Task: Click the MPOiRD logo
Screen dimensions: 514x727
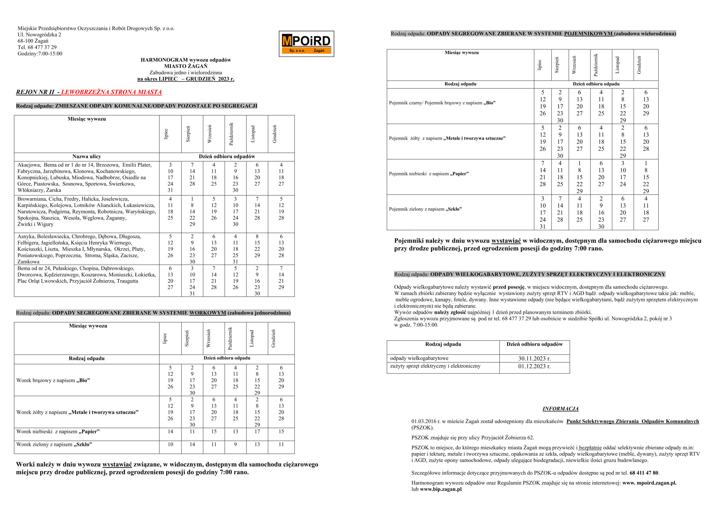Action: click(306, 44)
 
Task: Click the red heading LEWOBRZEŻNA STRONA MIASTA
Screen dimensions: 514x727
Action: click(111, 92)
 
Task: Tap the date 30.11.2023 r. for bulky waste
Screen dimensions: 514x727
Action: click(534, 358)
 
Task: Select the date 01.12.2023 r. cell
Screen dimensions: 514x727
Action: click(534, 366)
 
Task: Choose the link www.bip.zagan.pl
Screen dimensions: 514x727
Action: click(440, 489)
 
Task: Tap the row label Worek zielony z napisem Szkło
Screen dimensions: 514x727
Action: click(54, 444)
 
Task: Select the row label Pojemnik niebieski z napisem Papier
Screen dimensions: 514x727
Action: click(429, 174)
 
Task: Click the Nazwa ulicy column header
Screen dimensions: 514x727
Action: click(86, 156)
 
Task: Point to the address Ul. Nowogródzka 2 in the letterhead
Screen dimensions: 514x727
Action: click(39, 35)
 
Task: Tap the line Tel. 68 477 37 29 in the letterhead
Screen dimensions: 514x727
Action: click(37, 47)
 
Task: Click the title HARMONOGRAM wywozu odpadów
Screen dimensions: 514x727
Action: click(185, 60)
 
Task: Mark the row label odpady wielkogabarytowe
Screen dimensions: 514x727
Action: click(419, 358)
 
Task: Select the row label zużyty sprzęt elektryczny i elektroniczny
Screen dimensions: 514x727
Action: click(435, 366)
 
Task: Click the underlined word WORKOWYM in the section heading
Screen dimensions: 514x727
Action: click(207, 313)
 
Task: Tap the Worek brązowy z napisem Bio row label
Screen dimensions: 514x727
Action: click(53, 380)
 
